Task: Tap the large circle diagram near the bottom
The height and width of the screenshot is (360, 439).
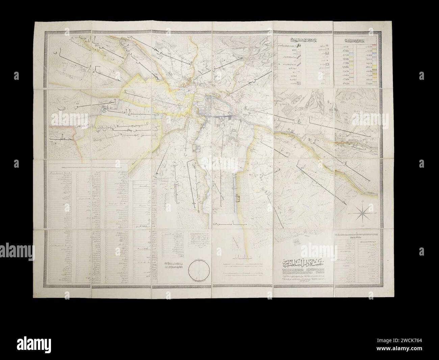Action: [x=198, y=270]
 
